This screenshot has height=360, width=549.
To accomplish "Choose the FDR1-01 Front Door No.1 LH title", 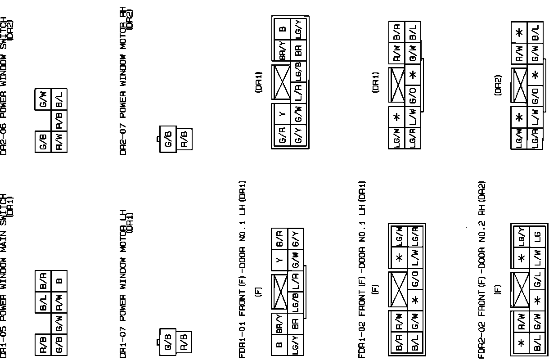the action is click(243, 270).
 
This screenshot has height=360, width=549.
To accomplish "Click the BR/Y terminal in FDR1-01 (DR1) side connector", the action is click(282, 50).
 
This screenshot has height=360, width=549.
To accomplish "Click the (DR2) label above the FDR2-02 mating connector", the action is click(498, 85).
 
